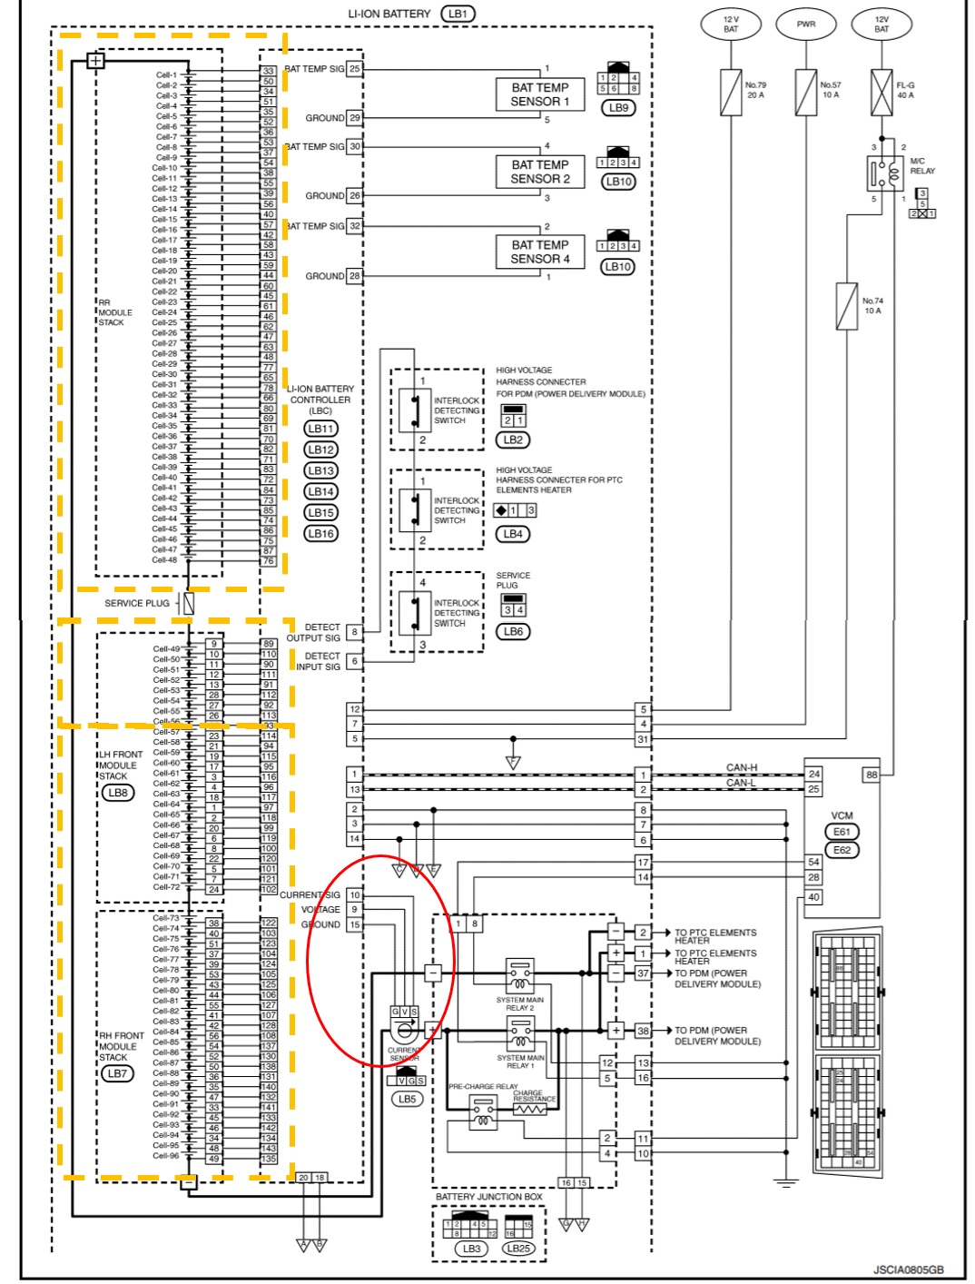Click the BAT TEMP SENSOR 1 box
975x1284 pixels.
540,94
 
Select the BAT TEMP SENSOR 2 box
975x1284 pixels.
540,172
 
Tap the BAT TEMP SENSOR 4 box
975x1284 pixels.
540,252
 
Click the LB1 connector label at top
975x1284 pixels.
458,14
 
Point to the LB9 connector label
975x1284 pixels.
618,107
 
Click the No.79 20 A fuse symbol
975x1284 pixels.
731,93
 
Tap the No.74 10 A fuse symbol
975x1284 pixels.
846,306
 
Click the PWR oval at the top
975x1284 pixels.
806,25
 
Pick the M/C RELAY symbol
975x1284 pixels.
884,172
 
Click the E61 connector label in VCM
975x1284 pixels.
842,832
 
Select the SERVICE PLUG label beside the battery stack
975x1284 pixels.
136,603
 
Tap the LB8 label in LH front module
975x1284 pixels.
118,793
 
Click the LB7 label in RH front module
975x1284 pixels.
118,1073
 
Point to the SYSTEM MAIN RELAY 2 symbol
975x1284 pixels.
519,977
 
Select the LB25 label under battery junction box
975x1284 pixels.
518,1248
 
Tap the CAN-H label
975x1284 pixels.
741,768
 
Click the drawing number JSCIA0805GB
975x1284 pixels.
908,1269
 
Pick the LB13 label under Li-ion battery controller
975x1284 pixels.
320,470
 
